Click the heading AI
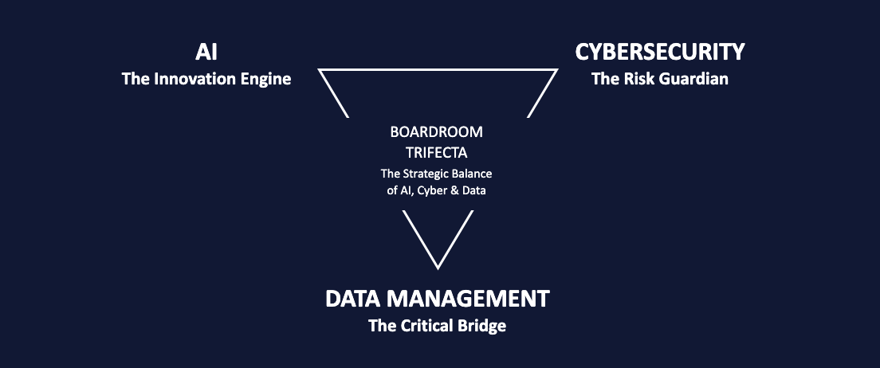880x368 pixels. [206, 53]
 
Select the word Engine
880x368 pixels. [265, 80]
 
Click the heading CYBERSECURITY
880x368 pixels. [660, 53]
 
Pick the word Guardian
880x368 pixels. [693, 80]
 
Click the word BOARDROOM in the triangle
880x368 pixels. [437, 131]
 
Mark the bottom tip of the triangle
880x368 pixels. [438, 268]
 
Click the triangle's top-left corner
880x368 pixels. [320, 70]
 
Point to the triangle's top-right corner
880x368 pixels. [556, 70]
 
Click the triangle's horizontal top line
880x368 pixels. [438, 69]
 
